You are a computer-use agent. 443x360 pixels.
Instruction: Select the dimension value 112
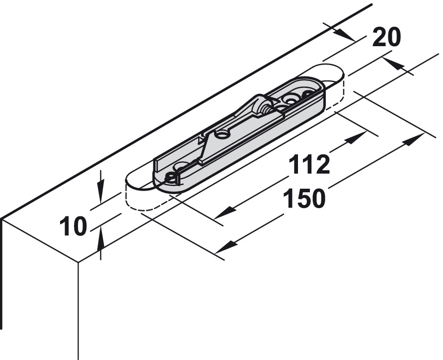coord(309,164)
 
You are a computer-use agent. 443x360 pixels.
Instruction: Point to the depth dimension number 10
coord(73,226)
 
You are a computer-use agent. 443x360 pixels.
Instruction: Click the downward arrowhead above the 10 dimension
coord(101,195)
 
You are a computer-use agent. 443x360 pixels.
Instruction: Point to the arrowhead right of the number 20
coord(392,64)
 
